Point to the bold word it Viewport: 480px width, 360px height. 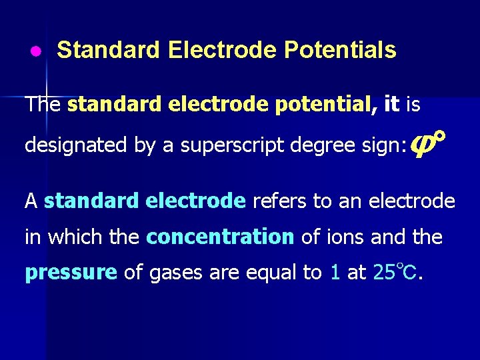(392, 104)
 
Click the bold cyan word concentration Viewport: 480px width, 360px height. (220, 237)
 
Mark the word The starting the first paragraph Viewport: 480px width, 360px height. (43, 105)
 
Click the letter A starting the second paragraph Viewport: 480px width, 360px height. (31, 201)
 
